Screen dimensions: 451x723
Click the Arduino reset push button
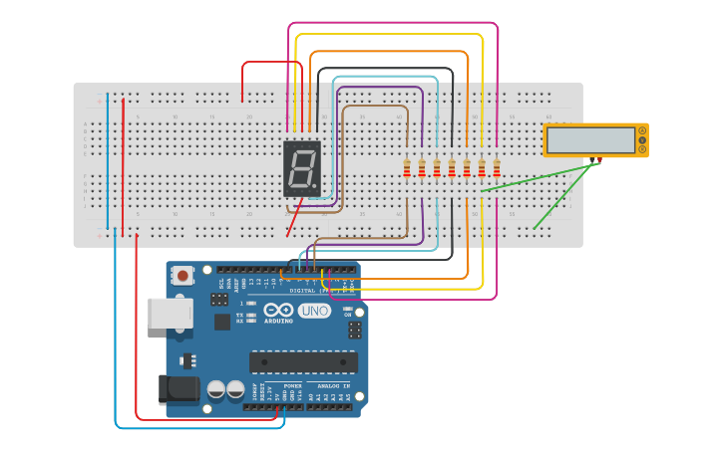pyautogui.click(x=182, y=275)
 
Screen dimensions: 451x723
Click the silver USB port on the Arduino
pyautogui.click(x=170, y=313)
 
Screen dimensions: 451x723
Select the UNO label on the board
pyautogui.click(x=314, y=311)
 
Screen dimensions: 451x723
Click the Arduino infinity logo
pyautogui.click(x=278, y=311)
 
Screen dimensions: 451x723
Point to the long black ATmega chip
pyautogui.click(x=303, y=361)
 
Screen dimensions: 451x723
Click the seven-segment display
pyautogui.click(x=302, y=167)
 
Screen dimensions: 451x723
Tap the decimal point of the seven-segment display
pyautogui.click(x=316, y=188)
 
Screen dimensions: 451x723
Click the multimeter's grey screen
pyautogui.click(x=590, y=140)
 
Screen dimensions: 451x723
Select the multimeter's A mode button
pyautogui.click(x=641, y=130)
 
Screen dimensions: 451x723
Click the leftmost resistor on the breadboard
pyautogui.click(x=407, y=168)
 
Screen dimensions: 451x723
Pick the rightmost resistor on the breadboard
pyautogui.click(x=497, y=168)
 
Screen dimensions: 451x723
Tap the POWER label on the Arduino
pyautogui.click(x=292, y=385)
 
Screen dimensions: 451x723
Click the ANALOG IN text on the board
pyautogui.click(x=333, y=385)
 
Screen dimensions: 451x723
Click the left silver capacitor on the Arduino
pyautogui.click(x=216, y=389)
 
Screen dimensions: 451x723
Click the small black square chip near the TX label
pyautogui.click(x=221, y=322)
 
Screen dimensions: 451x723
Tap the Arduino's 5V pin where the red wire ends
pyautogui.click(x=277, y=406)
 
